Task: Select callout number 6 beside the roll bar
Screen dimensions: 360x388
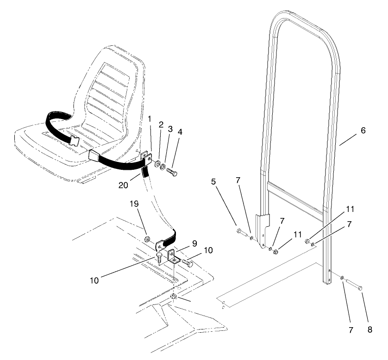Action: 363,130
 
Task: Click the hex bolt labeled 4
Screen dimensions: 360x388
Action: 173,173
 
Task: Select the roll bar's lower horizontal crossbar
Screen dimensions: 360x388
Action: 295,189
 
